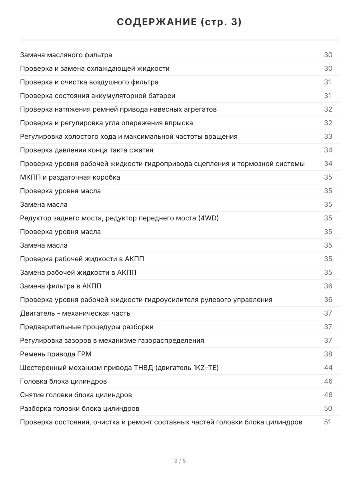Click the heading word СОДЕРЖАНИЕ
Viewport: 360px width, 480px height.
pyautogui.click(x=157, y=22)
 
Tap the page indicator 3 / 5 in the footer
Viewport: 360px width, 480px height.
pyautogui.click(x=180, y=461)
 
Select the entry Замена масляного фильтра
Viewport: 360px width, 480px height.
pyautogui.click(x=66, y=55)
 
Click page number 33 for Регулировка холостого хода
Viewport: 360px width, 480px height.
pyautogui.click(x=328, y=136)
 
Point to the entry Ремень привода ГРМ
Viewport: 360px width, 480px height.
pyautogui.click(x=58, y=354)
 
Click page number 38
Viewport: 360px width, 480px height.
pyautogui.click(x=328, y=354)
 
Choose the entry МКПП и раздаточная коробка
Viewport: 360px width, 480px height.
pyautogui.click(x=70, y=177)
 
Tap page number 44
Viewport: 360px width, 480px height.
pyautogui.click(x=328, y=368)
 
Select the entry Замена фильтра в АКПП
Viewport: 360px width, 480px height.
pyautogui.click(x=64, y=286)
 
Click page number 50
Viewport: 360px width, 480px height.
pyautogui.click(x=328, y=408)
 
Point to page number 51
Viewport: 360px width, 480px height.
pyautogui.click(x=328, y=422)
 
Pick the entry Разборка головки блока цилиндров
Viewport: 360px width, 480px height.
pyautogui.click(x=80, y=408)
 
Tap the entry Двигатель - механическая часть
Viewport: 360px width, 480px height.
pyautogui.click(x=75, y=313)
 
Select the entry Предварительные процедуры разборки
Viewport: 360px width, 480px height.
pyautogui.click(x=87, y=327)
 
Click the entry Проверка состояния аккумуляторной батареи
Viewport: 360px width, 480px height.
pyautogui.click(x=98, y=96)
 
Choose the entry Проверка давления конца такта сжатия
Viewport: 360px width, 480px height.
pyautogui.click(x=87, y=150)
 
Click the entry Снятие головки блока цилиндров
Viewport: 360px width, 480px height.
pyautogui.click(x=76, y=395)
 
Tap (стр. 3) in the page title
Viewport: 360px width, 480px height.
pyautogui.click(x=221, y=22)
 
